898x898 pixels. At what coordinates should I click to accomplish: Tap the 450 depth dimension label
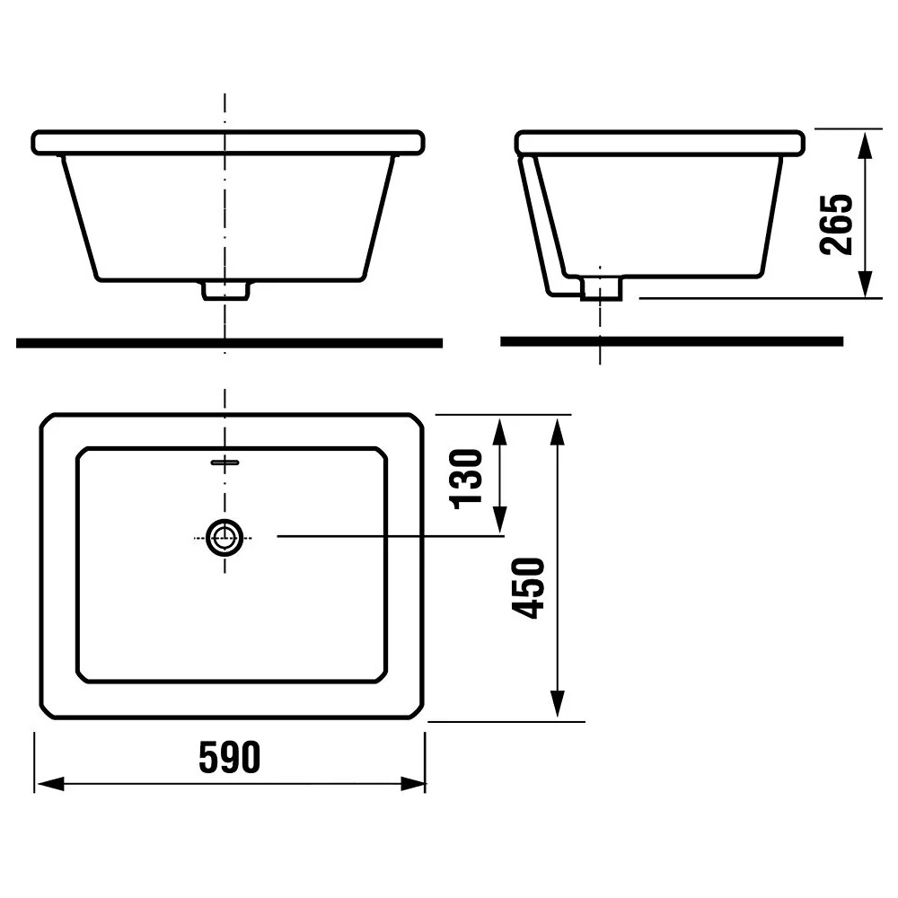(529, 587)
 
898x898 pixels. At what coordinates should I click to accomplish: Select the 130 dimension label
(467, 480)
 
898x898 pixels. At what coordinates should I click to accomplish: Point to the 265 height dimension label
(836, 224)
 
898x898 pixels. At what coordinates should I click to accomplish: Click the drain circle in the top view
(224, 538)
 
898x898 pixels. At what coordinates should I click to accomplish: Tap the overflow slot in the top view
(225, 462)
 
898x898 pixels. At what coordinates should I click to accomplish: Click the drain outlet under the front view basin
(225, 290)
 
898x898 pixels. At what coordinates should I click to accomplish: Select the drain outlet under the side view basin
(601, 288)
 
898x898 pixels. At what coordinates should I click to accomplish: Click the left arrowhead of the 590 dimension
(49, 783)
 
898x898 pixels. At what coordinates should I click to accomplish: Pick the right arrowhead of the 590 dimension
(411, 783)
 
